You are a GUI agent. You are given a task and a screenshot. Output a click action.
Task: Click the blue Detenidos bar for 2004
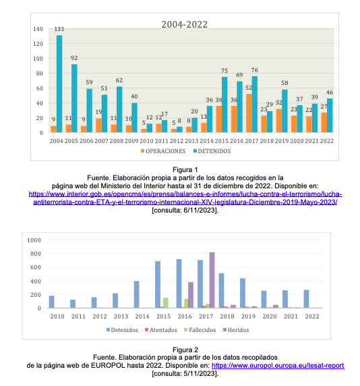(59, 84)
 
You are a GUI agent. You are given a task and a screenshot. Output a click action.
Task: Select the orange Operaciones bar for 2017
(249, 113)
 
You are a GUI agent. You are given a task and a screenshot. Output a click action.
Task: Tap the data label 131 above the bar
(59, 29)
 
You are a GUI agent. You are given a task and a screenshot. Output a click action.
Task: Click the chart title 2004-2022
(185, 24)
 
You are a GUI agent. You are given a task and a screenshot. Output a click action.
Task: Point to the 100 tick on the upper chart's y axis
(38, 59)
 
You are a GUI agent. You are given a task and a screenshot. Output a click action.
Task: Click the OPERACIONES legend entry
(163, 151)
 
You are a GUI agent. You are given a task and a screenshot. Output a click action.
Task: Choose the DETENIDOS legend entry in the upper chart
(212, 151)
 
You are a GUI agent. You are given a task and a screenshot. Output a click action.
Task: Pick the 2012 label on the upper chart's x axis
(177, 141)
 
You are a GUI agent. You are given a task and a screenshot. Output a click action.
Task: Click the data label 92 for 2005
(74, 58)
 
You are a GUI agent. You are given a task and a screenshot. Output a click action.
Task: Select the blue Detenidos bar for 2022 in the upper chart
(330, 115)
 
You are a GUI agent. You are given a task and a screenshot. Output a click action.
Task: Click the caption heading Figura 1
(185, 169)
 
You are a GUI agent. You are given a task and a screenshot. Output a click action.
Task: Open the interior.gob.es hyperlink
(185, 198)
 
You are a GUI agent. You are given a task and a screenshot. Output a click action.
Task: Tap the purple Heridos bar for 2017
(212, 280)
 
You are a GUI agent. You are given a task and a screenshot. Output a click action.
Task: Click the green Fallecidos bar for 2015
(166, 303)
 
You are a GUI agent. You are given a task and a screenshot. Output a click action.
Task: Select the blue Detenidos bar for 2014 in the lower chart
(136, 294)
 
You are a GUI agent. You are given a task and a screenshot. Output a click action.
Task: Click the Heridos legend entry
(236, 330)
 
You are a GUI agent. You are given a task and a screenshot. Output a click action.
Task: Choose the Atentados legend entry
(161, 330)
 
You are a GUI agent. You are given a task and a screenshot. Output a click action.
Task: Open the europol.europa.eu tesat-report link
(278, 366)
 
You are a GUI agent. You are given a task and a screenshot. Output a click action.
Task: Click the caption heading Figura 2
(185, 350)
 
